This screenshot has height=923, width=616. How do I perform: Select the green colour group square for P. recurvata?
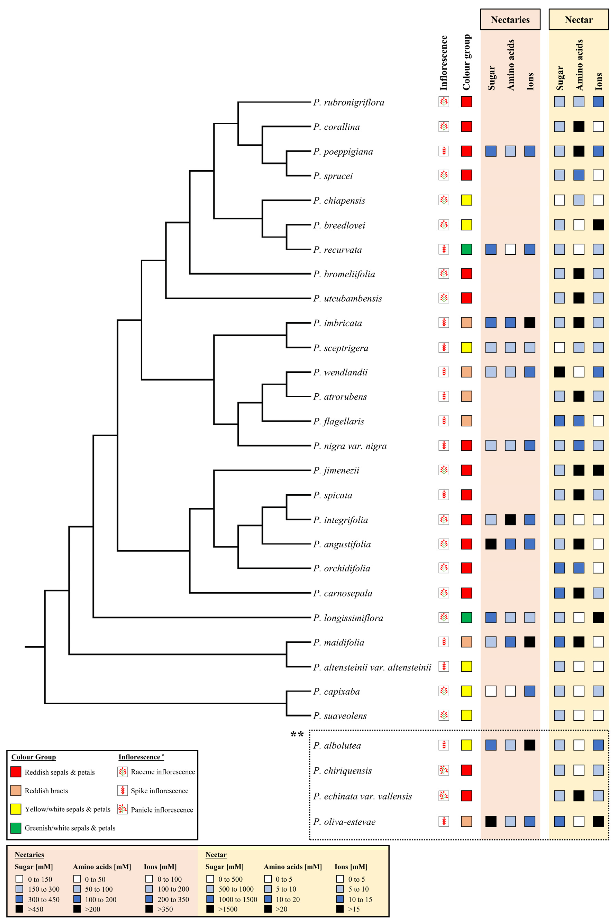click(466, 249)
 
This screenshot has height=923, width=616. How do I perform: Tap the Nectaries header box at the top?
click(510, 20)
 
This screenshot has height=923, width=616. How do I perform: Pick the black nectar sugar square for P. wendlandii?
click(559, 372)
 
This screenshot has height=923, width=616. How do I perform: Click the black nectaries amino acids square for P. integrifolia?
click(510, 519)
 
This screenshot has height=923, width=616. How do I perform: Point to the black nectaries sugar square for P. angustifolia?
click(491, 544)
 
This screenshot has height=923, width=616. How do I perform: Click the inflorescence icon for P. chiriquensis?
click(444, 770)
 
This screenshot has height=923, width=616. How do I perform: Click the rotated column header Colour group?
click(466, 62)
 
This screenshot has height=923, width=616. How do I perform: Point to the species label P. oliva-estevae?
click(344, 822)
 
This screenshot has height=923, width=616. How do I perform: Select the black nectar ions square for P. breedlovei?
click(598, 225)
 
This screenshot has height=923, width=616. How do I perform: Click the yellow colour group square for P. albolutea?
click(466, 745)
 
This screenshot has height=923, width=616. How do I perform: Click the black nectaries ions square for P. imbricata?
click(530, 323)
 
